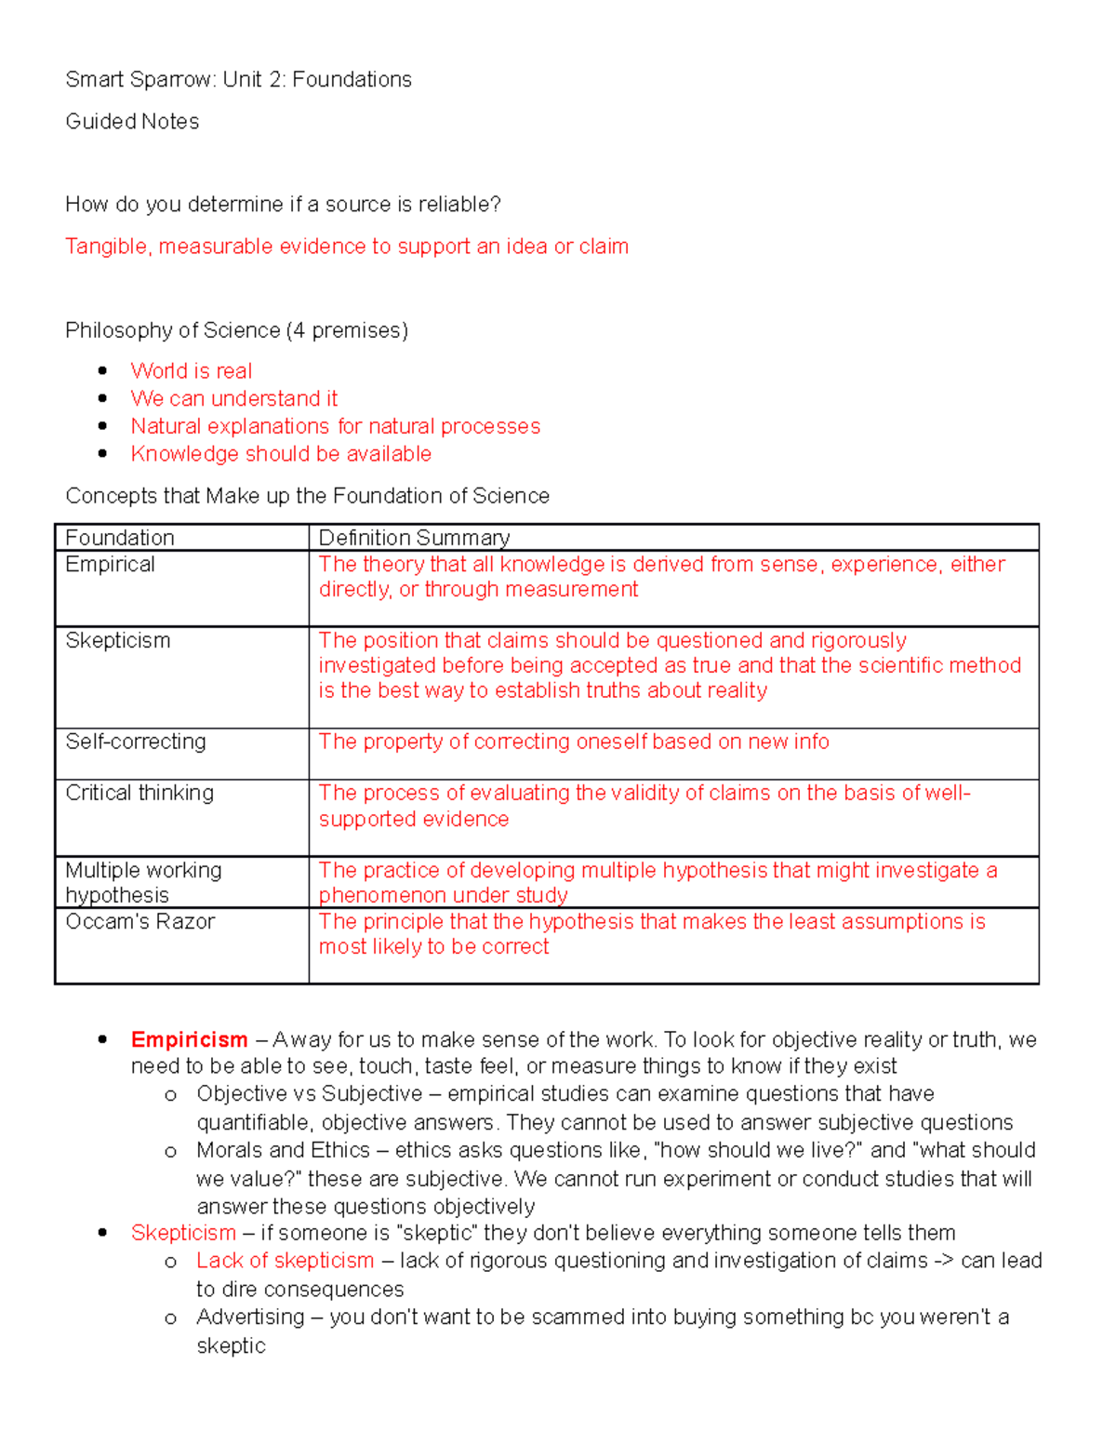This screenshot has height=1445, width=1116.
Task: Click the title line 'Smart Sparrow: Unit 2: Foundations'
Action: [238, 80]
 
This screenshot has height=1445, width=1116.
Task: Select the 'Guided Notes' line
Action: [132, 122]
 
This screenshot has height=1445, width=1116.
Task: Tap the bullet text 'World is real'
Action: [191, 371]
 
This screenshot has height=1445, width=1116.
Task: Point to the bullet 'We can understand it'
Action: [233, 399]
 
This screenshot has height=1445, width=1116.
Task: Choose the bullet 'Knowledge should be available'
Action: [281, 454]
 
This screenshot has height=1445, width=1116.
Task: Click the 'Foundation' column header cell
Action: [120, 538]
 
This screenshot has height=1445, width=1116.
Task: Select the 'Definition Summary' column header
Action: [414, 538]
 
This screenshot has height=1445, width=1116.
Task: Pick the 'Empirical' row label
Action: [110, 565]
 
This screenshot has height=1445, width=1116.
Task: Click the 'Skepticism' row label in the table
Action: [117, 641]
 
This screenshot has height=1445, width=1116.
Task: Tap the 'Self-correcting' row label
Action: [136, 742]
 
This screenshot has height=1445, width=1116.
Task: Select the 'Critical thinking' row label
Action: [139, 793]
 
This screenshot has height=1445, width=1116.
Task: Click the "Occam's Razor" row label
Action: [139, 921]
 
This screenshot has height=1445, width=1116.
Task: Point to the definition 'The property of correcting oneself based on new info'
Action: [573, 742]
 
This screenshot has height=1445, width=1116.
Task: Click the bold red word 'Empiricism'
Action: [189, 1039]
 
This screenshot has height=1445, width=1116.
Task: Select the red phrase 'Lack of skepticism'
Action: [285, 1261]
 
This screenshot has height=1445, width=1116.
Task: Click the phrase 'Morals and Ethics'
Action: [283, 1150]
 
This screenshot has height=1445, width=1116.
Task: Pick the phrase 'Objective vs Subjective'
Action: [309, 1094]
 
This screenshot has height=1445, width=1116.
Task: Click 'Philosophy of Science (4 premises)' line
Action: [236, 330]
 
